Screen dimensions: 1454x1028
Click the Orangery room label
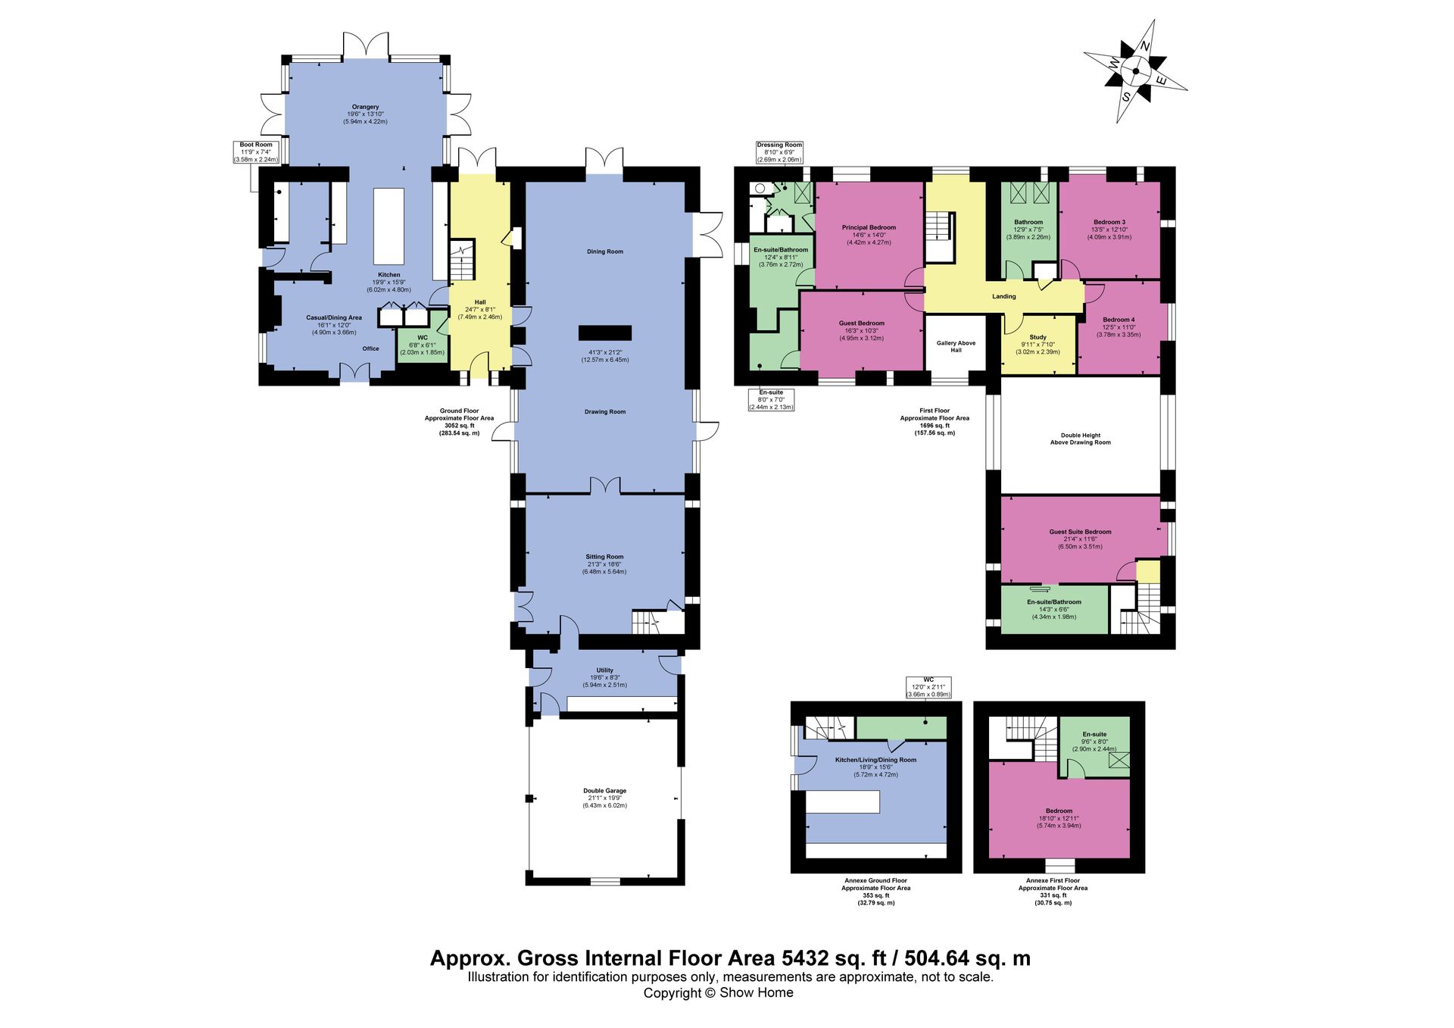click(365, 107)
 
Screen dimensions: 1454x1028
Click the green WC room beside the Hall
click(423, 345)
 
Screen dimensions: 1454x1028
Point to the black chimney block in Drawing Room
click(605, 333)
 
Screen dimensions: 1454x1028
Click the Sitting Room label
click(604, 557)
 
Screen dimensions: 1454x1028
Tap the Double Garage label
click(604, 791)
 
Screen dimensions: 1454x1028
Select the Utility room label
click(604, 670)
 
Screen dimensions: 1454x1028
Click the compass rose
click(1135, 71)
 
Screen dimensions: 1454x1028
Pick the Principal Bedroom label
click(869, 227)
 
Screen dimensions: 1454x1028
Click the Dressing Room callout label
click(779, 145)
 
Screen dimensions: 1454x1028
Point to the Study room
click(1038, 345)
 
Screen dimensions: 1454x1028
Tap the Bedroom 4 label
click(1119, 320)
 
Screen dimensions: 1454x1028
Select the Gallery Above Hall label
click(956, 346)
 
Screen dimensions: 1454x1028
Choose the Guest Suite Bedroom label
click(1080, 532)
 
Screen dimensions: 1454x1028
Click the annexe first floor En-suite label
click(1094, 734)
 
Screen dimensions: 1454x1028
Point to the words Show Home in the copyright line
click(757, 992)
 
